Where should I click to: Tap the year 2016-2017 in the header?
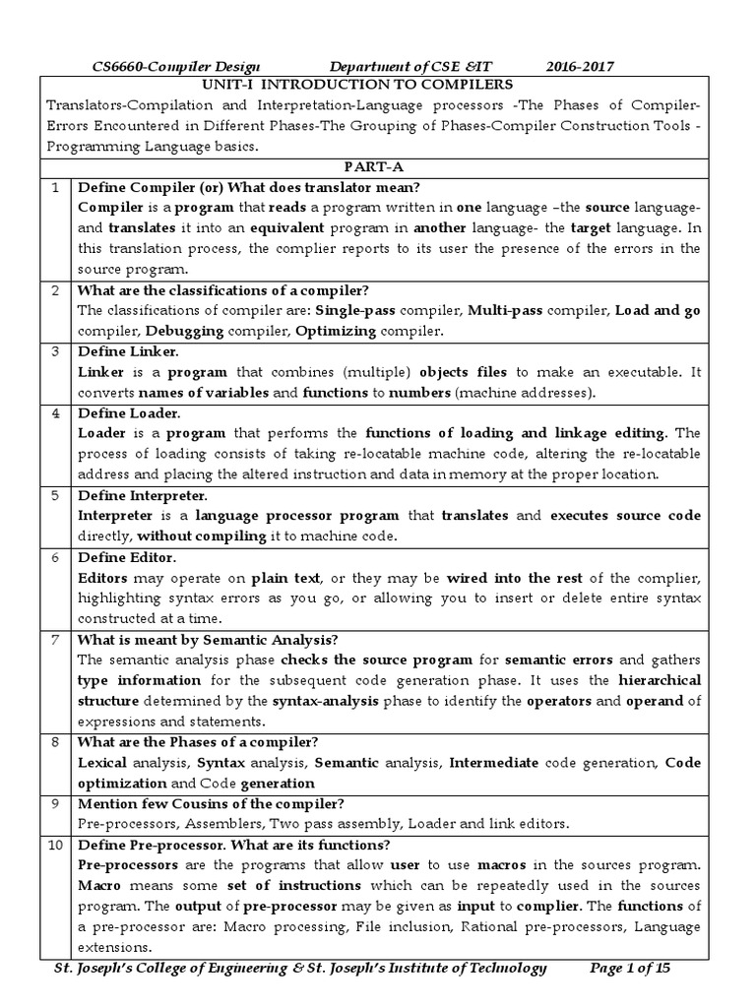click(x=581, y=66)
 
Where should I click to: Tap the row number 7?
click(x=57, y=638)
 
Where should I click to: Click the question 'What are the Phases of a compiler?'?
click(x=204, y=741)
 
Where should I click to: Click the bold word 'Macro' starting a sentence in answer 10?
click(x=98, y=886)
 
